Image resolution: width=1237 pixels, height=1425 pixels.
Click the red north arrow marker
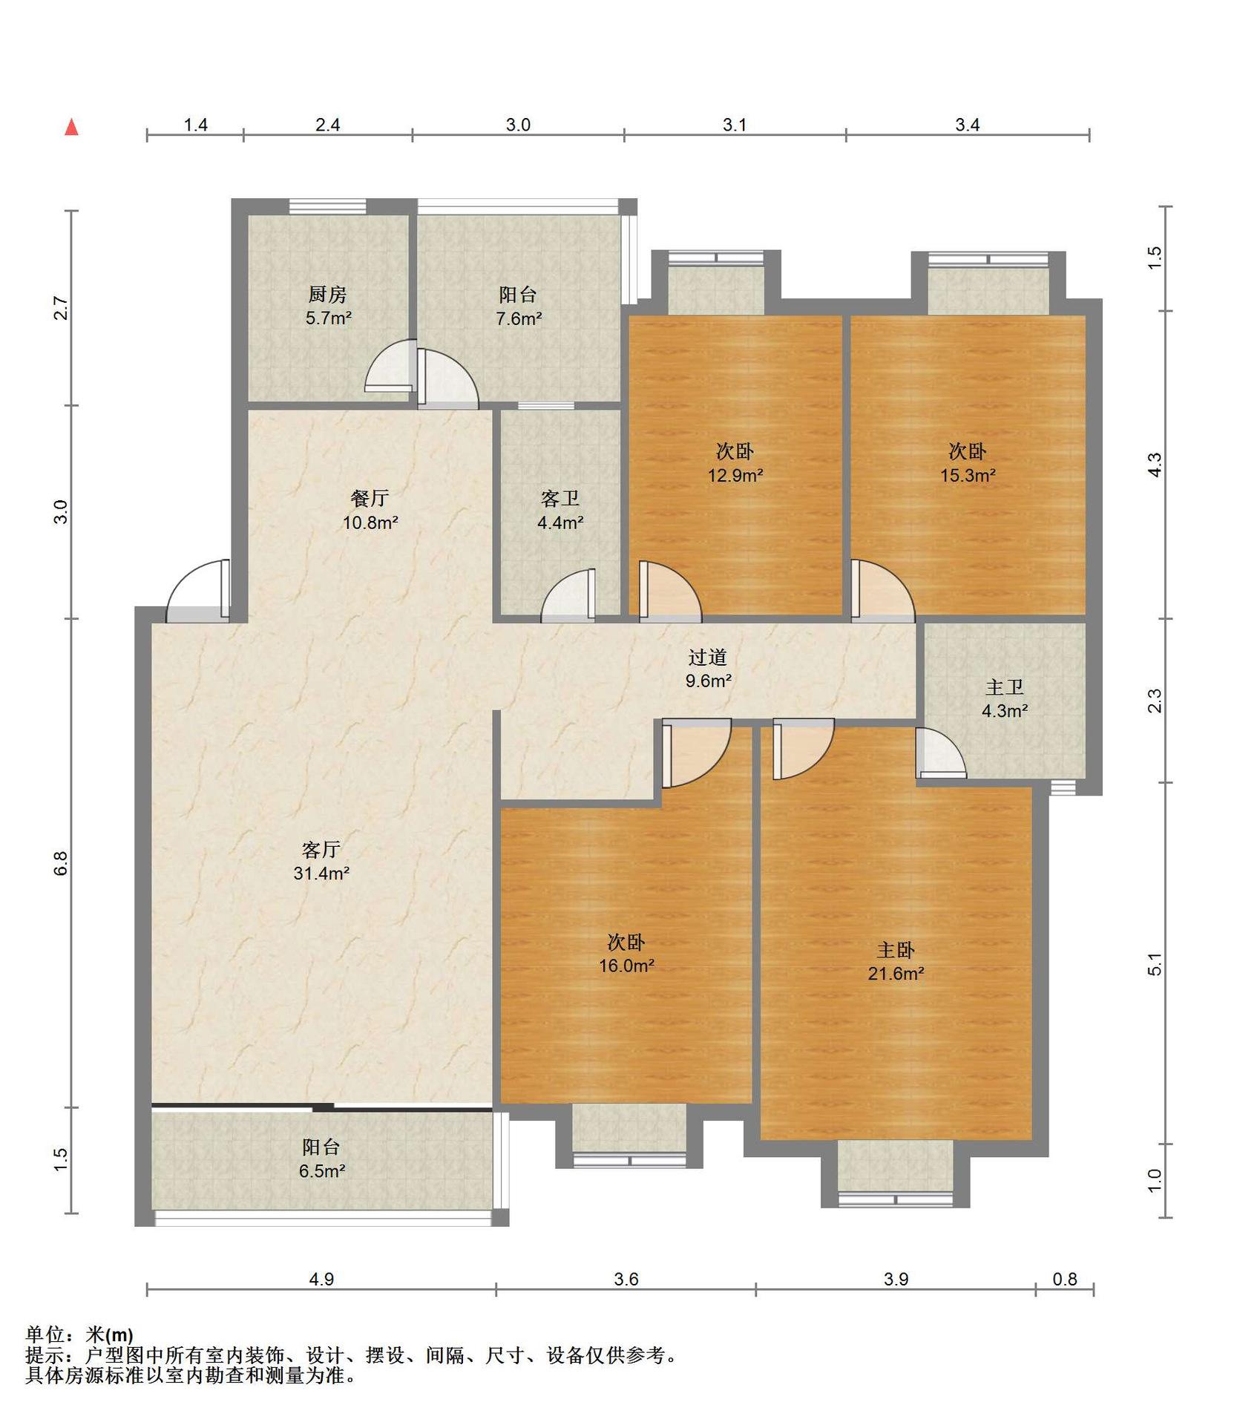coord(71,127)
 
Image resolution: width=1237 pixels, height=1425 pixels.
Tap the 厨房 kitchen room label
coord(327,295)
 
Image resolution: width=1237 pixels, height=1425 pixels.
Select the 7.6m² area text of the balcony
coord(519,319)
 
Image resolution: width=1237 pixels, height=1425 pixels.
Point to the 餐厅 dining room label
coord(370,498)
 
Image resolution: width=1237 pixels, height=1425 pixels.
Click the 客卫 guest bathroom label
coord(560,499)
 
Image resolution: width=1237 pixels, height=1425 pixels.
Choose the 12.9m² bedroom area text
coord(735,475)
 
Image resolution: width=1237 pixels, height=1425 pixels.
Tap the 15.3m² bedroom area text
coord(968,475)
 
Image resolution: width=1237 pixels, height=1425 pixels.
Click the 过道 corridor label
coord(708,657)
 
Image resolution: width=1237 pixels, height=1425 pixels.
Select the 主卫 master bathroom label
coord(1005,687)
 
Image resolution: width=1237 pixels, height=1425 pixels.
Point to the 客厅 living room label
coord(321,849)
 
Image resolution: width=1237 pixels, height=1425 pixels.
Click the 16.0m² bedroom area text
coord(627,966)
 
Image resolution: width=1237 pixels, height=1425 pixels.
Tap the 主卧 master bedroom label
coord(896,950)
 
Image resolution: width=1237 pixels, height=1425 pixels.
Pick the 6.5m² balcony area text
coord(322,1171)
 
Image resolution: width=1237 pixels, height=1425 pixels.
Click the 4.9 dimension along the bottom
coord(321,1279)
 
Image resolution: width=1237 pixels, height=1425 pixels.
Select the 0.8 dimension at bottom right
coord(1065,1279)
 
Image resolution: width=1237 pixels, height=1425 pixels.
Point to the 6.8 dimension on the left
coord(60,863)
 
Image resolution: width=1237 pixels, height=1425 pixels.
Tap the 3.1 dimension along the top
coord(735,125)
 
